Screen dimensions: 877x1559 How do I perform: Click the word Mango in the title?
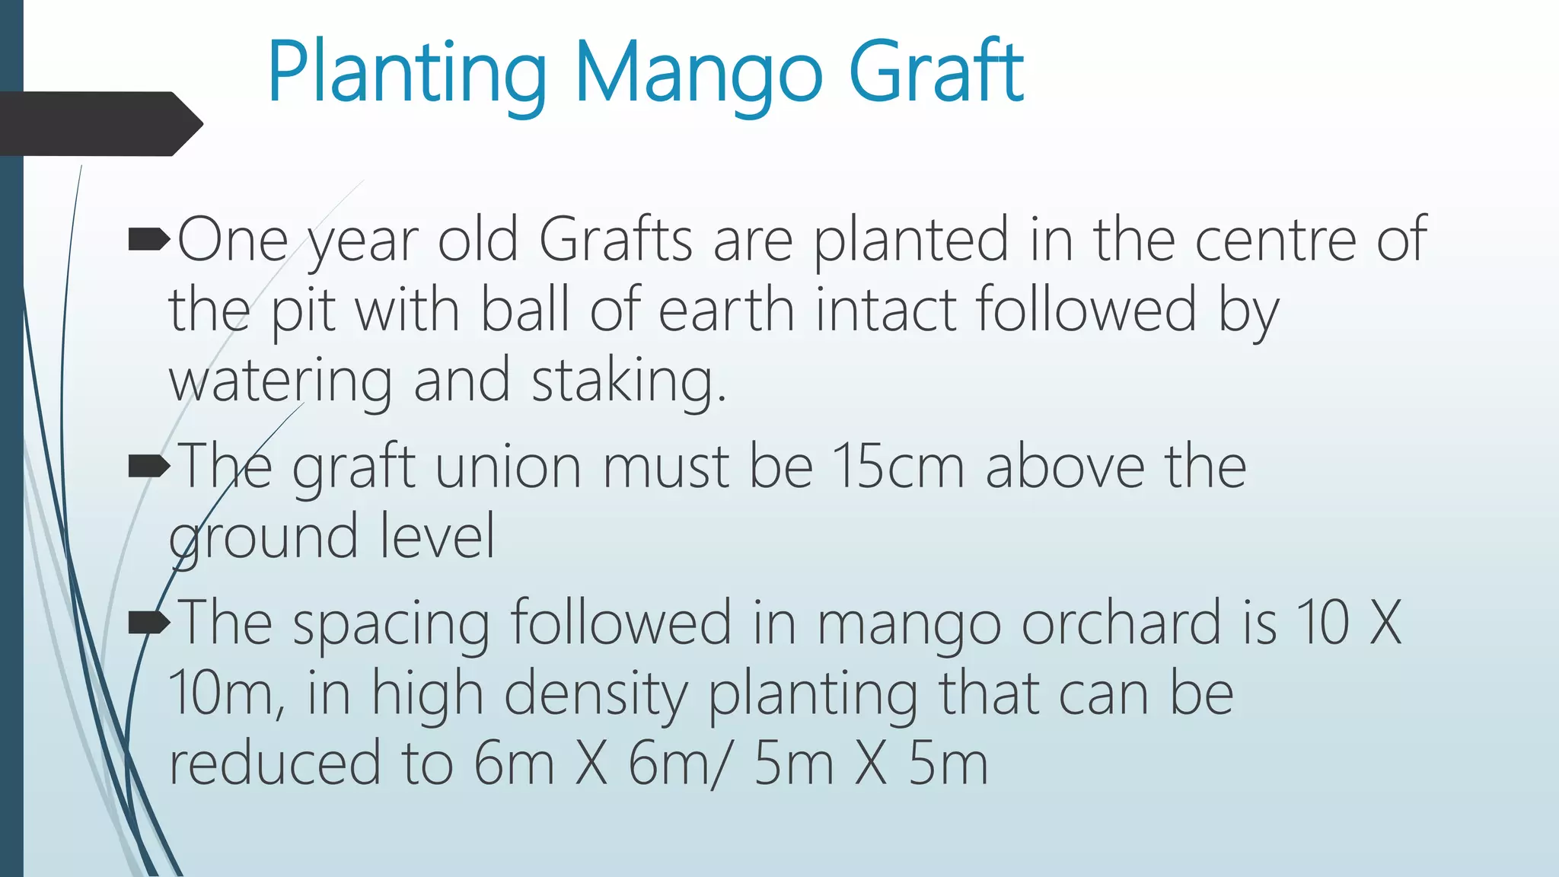698,74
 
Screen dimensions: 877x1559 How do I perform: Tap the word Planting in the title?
407,74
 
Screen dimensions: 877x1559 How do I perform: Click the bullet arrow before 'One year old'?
149,241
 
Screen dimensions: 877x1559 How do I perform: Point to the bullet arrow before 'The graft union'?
149,466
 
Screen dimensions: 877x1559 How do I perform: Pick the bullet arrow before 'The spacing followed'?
149,623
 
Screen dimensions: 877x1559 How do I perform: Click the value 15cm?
898,466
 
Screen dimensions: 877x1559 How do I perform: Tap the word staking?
628,381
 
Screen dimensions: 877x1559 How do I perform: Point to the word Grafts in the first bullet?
615,240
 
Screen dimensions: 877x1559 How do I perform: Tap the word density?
595,694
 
